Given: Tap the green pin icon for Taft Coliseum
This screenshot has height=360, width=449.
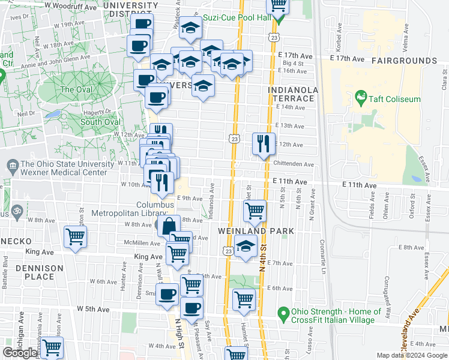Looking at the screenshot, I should pos(361,96).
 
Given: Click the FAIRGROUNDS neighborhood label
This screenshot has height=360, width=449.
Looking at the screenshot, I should pos(403,61).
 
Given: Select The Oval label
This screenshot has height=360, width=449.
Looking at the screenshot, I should pos(76,89).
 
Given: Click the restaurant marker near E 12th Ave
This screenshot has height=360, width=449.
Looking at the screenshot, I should pos(263,143).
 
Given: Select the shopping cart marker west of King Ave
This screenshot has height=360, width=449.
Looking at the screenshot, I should pos(75,236).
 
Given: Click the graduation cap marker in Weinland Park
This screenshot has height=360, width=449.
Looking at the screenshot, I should pos(245,246).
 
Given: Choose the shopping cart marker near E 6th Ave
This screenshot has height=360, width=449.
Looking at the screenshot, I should pos(244,299).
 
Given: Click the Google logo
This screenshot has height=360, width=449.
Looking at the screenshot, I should pos(20,353).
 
